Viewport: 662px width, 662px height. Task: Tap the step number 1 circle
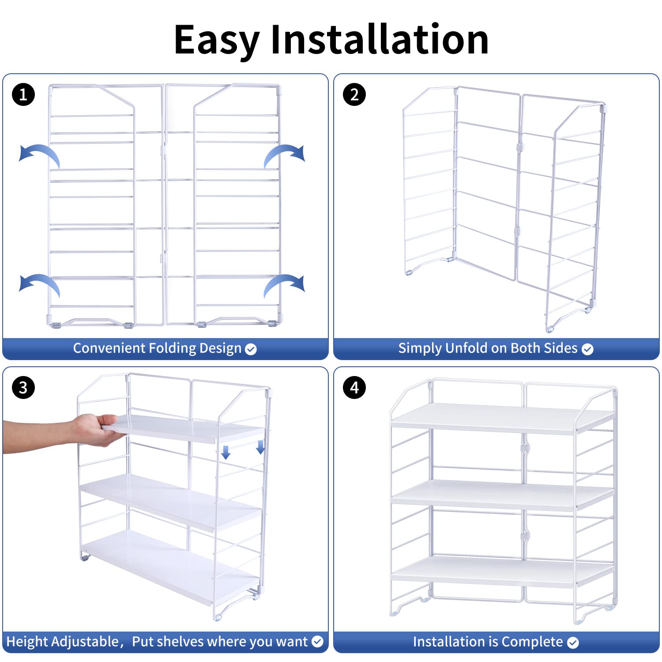pyautogui.click(x=23, y=94)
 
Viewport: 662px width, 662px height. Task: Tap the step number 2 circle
pyautogui.click(x=354, y=94)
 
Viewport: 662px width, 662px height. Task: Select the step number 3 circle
pyautogui.click(x=23, y=388)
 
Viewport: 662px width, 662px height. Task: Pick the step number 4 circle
pyautogui.click(x=354, y=388)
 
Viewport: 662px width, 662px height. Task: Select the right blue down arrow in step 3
pyautogui.click(x=260, y=447)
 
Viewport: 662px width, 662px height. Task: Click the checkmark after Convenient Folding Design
pyautogui.click(x=251, y=350)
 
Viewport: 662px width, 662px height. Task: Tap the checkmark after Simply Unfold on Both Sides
pyautogui.click(x=587, y=350)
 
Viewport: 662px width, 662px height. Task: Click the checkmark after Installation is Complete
pyautogui.click(x=573, y=643)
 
